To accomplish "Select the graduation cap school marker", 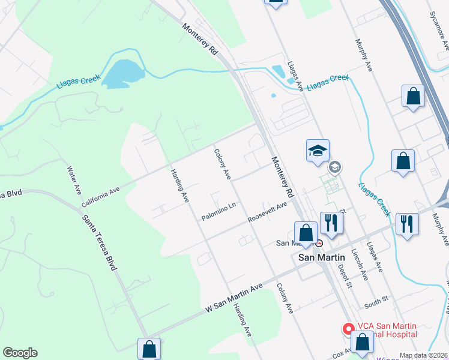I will click(318, 151).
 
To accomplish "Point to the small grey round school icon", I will click(335, 167).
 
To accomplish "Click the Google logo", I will click(20, 353).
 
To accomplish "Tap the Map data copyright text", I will click(423, 355).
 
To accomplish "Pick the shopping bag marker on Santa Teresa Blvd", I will click(148, 349).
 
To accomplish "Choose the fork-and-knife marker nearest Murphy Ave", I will click(408, 224).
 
